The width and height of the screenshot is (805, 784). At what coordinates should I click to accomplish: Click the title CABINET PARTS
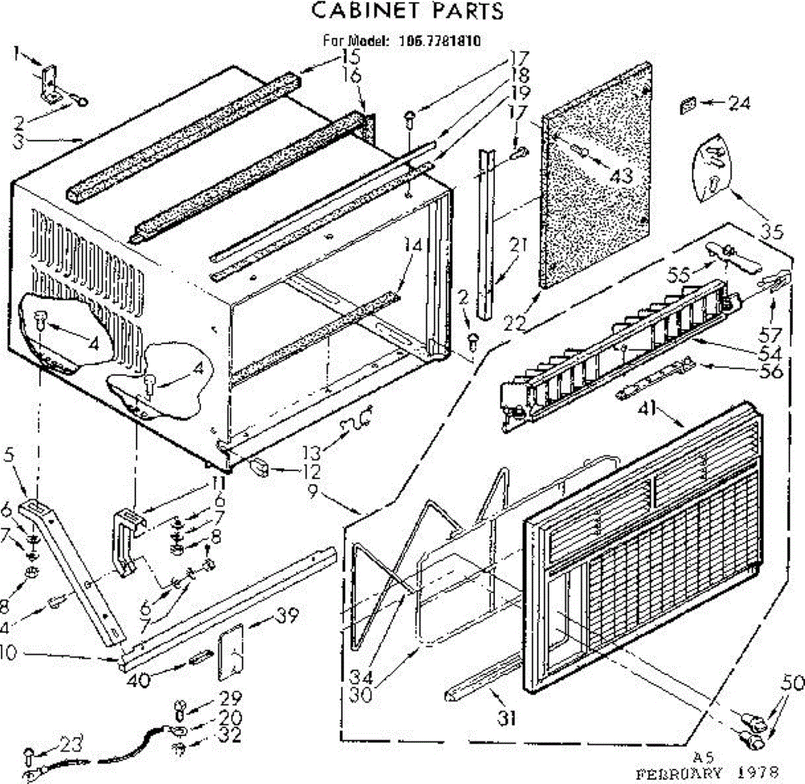[408, 11]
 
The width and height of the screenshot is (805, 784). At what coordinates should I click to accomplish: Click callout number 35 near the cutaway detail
[772, 232]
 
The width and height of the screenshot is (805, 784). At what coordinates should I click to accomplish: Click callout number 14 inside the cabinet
[414, 246]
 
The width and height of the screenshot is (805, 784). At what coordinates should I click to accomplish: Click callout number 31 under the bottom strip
[507, 718]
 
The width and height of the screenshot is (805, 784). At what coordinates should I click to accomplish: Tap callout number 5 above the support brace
[9, 455]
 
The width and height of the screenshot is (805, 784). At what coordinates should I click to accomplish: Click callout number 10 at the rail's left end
[8, 652]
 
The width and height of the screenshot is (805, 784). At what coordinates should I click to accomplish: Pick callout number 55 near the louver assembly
[679, 275]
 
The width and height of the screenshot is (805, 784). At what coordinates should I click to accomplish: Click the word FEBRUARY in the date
[679, 772]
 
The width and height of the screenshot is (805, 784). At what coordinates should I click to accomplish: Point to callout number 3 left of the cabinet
[19, 142]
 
